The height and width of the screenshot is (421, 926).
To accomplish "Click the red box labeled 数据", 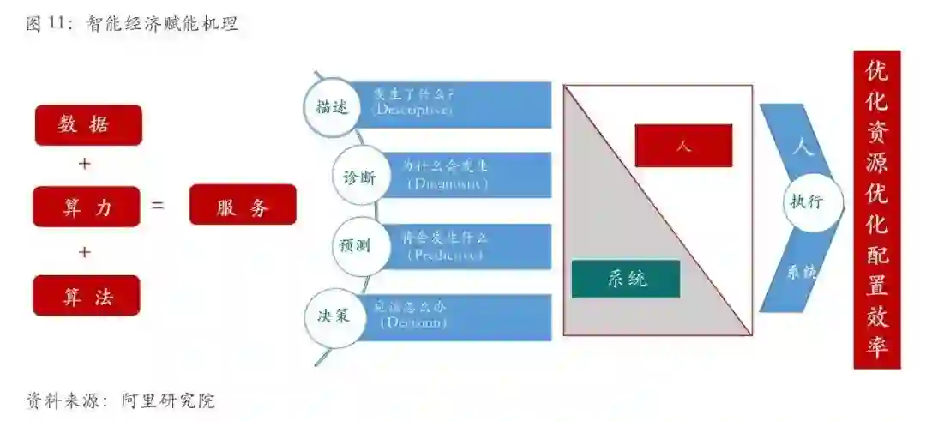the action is point(87,125).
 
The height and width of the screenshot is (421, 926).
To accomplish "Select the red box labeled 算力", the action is point(87,207).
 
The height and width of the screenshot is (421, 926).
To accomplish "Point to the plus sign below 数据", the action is point(84,164).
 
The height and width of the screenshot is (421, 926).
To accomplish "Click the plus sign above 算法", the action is point(84,252).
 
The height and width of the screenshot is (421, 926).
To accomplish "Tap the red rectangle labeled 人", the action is point(683,146).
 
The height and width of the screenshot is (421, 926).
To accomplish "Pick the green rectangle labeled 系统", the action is point(626,279).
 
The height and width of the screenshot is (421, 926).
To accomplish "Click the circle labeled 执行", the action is point(805,202).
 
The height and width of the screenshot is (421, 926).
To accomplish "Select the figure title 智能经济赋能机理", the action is point(162,24).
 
